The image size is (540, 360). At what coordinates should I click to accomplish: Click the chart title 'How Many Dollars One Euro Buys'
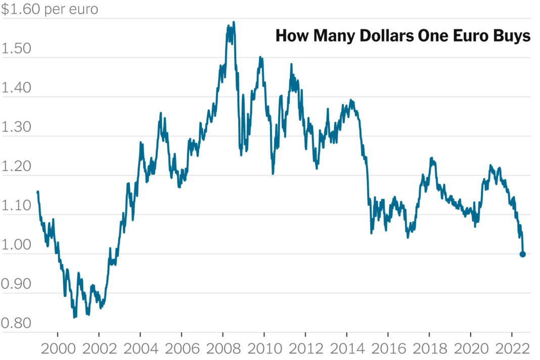tap(402, 36)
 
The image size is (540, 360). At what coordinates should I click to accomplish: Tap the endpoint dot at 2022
tap(522, 254)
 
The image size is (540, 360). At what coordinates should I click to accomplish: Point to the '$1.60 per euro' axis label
tap(50, 9)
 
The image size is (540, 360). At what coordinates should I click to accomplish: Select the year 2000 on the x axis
tap(58, 349)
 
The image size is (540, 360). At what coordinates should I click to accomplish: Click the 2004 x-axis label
tap(140, 349)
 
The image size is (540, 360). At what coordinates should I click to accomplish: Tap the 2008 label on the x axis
tap(222, 349)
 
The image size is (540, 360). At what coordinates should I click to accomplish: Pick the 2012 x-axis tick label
tap(305, 349)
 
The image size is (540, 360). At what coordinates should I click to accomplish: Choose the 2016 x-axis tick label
tap(388, 349)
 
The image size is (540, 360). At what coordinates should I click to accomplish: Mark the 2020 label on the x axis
tap(470, 349)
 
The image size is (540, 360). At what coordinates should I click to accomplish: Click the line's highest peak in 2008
tap(233, 23)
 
